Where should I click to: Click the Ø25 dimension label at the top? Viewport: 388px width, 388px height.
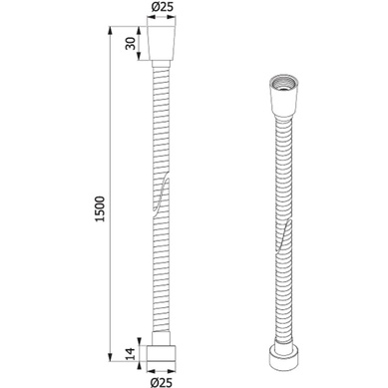(x=163, y=7)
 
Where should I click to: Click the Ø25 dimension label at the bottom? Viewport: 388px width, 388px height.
(x=162, y=382)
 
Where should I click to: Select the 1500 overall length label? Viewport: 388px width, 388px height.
(x=100, y=209)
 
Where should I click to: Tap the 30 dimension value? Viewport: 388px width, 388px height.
(x=131, y=43)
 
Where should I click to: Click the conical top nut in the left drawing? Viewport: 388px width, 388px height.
(x=162, y=43)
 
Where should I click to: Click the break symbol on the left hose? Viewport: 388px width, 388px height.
(x=161, y=194)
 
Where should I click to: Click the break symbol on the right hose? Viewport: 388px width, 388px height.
(x=283, y=236)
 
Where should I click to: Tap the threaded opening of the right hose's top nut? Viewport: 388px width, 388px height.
(x=284, y=84)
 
